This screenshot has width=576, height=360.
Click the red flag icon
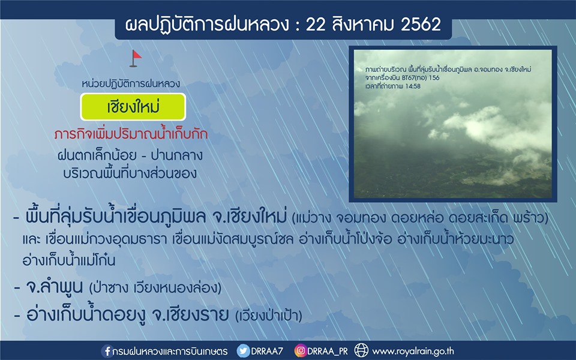[x=135, y=58]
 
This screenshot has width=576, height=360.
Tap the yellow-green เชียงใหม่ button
[x=133, y=107]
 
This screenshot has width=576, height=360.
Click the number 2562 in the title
[x=421, y=25]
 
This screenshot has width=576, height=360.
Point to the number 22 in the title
[x=315, y=25]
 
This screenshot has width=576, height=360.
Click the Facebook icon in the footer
[x=107, y=351]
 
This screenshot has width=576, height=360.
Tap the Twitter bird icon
[x=243, y=351]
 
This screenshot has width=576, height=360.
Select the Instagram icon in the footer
[x=300, y=351]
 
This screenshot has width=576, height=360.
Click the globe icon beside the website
[x=361, y=350]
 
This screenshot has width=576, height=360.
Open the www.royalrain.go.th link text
[x=413, y=352]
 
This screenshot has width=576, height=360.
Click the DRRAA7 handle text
[x=266, y=351]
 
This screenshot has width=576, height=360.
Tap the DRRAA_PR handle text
[x=328, y=351]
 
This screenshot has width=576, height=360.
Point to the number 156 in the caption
[x=434, y=78]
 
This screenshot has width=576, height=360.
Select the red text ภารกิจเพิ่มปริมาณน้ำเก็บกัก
[x=131, y=134]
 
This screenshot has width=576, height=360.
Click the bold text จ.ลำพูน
[x=55, y=287]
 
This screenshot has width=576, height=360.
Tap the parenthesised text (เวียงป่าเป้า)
[x=269, y=316]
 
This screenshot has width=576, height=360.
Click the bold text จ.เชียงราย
[x=190, y=315]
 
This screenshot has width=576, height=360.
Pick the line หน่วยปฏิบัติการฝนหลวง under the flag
[x=131, y=84]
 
